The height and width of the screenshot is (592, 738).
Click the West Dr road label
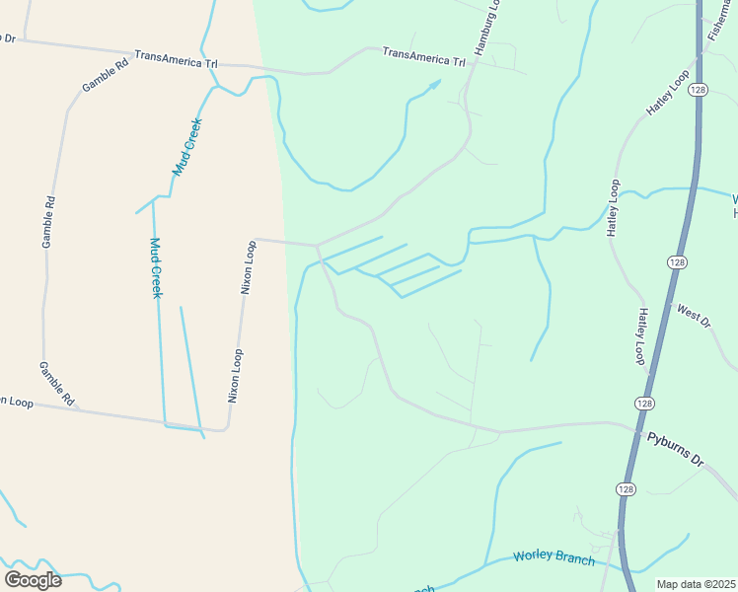(694, 316)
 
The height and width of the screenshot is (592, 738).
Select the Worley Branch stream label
(553, 557)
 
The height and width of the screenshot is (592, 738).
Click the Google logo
(33, 579)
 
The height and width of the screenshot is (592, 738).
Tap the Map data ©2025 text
(696, 584)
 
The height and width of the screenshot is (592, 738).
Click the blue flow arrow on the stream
(433, 86)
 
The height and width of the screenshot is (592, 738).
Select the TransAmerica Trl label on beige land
(176, 60)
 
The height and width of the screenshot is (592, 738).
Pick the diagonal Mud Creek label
(187, 147)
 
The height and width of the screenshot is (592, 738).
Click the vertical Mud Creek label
(156, 267)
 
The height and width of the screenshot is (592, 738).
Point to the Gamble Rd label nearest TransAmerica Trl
(105, 72)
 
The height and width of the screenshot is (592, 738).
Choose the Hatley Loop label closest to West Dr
(641, 335)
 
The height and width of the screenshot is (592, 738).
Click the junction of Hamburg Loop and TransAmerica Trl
(477, 63)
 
